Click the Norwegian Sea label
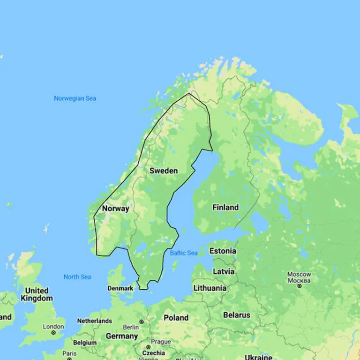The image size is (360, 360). (75, 98)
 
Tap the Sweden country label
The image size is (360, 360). (164, 171)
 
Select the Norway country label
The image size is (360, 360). (115, 209)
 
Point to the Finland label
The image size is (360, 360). (225, 207)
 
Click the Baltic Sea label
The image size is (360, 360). (184, 253)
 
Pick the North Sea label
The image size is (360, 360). (77, 277)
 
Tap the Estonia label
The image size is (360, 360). (223, 251)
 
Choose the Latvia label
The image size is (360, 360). (224, 271)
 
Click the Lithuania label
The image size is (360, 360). (210, 288)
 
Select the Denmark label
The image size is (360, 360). (120, 288)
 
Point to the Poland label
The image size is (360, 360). (176, 318)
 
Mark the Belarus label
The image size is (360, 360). (237, 315)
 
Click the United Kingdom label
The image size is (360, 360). (37, 294)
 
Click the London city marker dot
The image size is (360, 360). (53, 333)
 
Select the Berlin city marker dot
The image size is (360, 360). (142, 322)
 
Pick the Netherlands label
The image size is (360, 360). (95, 321)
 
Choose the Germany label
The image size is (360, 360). (122, 336)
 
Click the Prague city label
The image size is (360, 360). (161, 342)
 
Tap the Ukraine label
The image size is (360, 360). (258, 357)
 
